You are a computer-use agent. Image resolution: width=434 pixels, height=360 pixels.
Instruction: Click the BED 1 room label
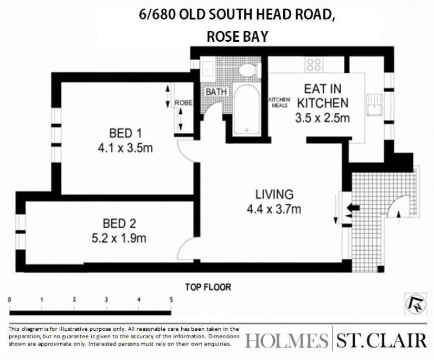tap(125, 133)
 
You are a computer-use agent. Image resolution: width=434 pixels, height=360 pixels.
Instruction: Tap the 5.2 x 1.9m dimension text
tap(119, 238)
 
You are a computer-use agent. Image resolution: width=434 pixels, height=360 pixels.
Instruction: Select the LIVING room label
tap(275, 194)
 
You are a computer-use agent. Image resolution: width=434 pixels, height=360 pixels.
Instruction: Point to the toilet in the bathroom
tap(248, 69)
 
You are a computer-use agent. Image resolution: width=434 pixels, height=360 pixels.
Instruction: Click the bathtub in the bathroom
tap(247, 110)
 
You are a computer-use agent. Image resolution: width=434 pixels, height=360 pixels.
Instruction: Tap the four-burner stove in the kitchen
tap(315, 65)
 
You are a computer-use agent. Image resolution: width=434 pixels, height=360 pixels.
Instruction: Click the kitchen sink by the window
tap(374, 105)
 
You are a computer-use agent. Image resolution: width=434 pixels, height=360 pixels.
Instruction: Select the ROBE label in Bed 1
tap(183, 103)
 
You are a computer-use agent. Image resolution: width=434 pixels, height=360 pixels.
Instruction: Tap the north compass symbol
tap(416, 304)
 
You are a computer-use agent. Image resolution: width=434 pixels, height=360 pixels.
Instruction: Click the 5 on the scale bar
tap(171, 299)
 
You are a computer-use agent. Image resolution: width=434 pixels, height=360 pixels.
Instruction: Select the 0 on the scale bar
tap(10, 299)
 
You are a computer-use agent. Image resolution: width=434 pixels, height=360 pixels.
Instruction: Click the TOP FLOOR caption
tap(208, 287)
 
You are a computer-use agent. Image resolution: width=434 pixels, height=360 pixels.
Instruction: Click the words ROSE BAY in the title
tap(238, 36)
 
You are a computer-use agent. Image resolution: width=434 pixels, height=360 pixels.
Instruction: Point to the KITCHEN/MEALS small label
tap(279, 102)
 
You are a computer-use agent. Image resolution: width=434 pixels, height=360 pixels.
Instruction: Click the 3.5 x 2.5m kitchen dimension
tap(322, 118)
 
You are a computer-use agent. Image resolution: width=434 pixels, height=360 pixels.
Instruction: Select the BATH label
tap(216, 92)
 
